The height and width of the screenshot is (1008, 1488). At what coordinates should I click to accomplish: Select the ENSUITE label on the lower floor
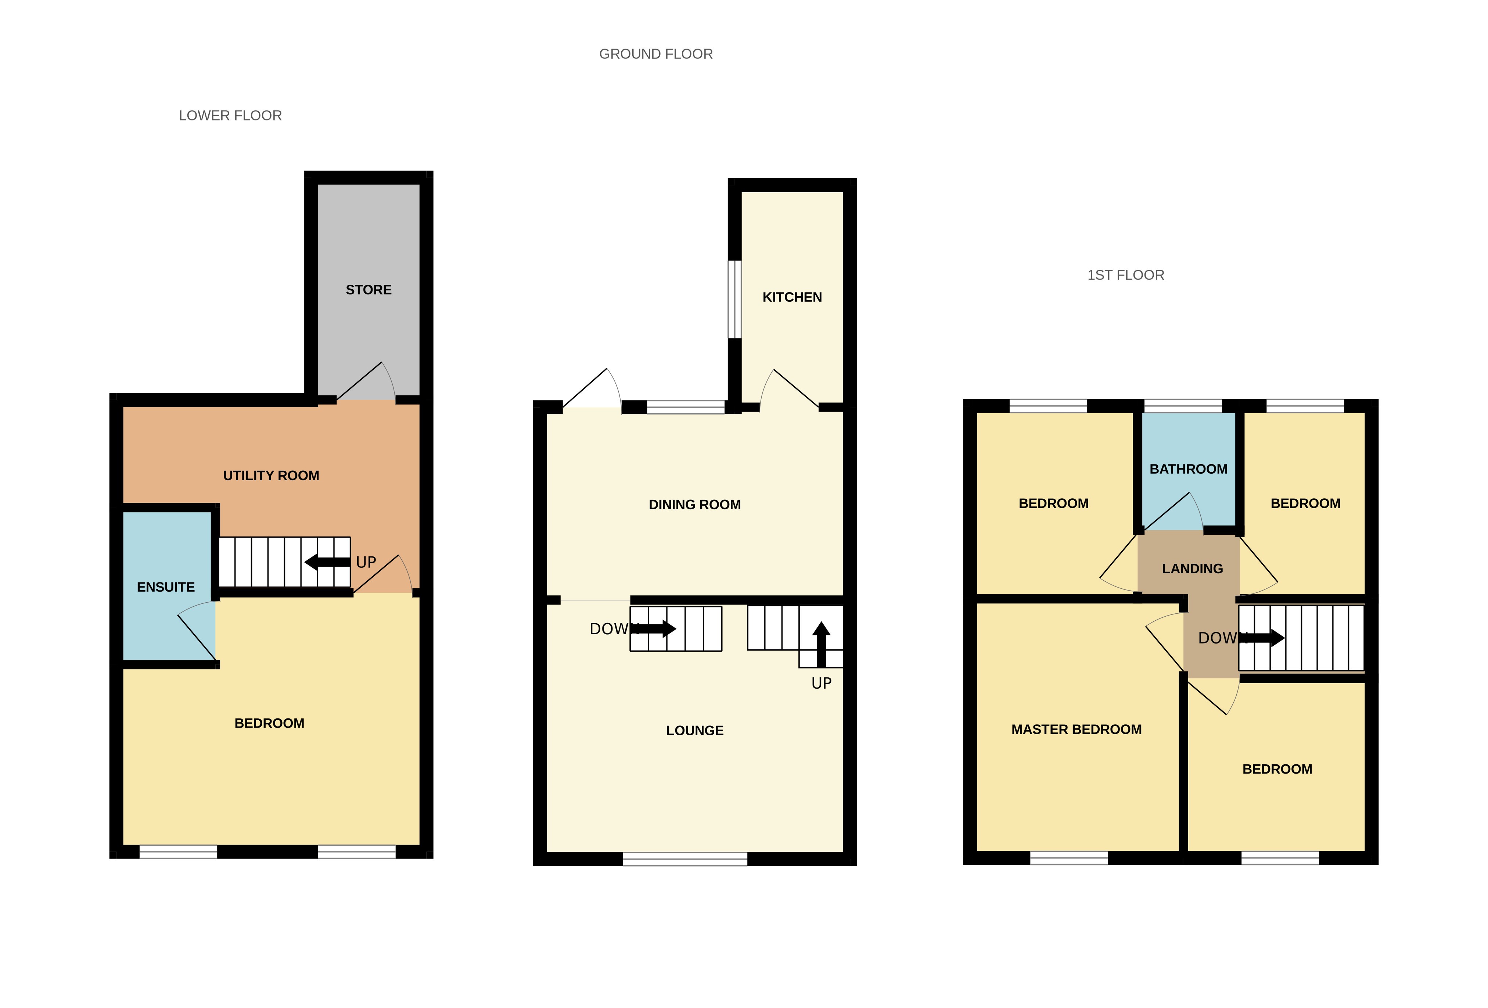[166, 587]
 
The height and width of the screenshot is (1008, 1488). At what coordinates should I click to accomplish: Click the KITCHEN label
[792, 297]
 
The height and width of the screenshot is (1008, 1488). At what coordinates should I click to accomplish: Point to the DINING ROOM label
[695, 505]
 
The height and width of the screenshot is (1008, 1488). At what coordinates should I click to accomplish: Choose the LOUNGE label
[695, 731]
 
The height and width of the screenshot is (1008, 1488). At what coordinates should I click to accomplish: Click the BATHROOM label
[1188, 469]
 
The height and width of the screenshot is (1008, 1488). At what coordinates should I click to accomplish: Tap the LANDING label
[1192, 569]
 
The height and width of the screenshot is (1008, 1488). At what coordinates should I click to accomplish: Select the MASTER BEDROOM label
[1076, 729]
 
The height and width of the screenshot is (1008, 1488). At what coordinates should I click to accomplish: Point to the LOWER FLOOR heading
[230, 116]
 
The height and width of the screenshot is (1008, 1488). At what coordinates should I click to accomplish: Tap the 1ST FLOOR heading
[1126, 275]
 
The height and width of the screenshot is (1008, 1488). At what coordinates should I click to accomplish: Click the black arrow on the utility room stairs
[327, 562]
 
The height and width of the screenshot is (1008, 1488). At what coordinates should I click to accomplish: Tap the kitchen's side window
[734, 299]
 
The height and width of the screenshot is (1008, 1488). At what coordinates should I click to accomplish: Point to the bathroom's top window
[1183, 405]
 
